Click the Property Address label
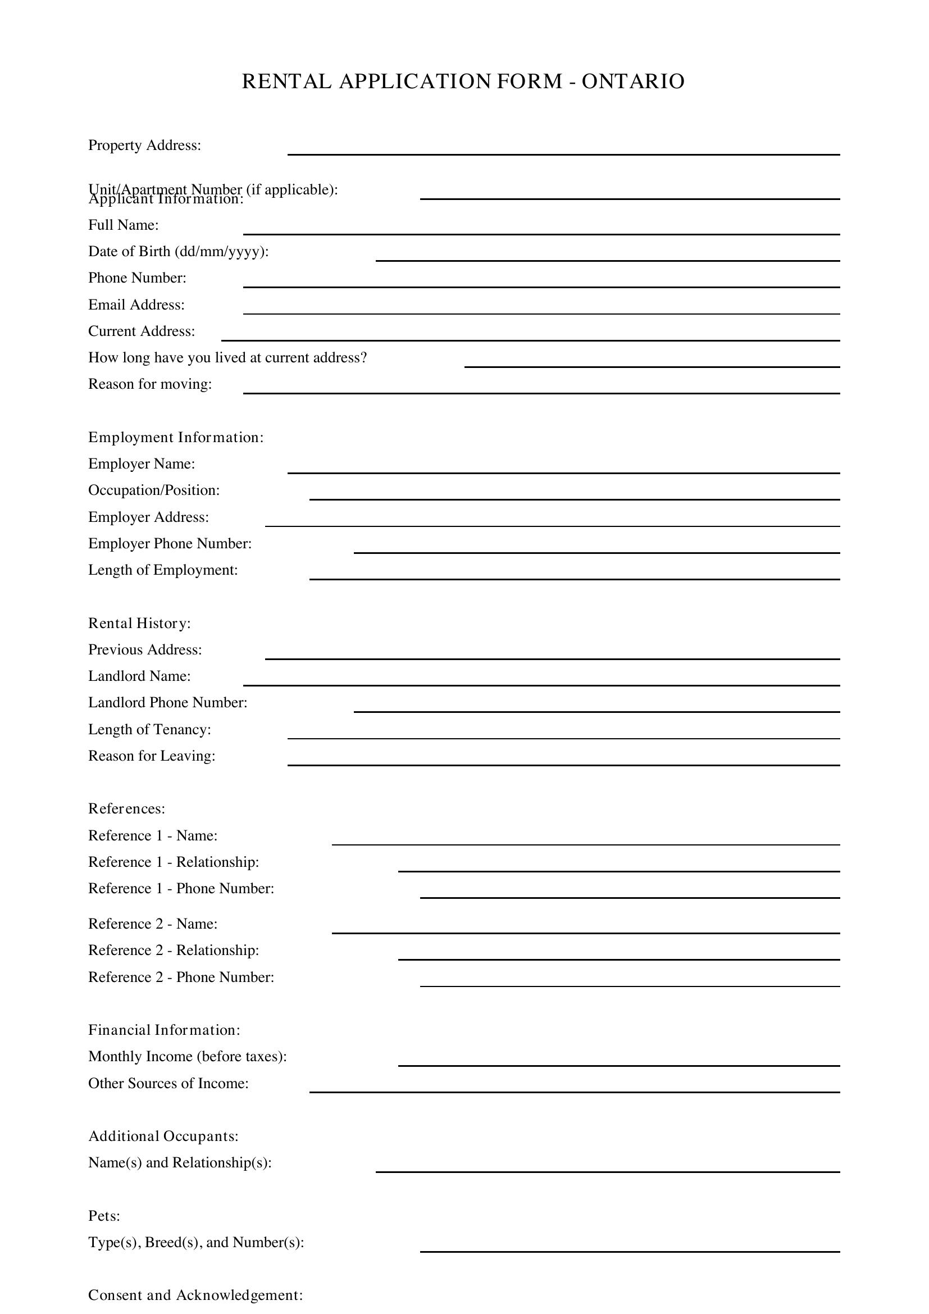144,146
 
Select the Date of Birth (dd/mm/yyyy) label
178,251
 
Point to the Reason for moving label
150,384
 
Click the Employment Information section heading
176,437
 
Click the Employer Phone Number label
170,543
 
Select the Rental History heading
139,623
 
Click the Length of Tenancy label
149,730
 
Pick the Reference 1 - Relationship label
174,862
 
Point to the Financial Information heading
164,1030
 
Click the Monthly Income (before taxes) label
187,1057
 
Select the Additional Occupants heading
163,1136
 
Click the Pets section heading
103,1216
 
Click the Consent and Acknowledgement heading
195,1295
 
